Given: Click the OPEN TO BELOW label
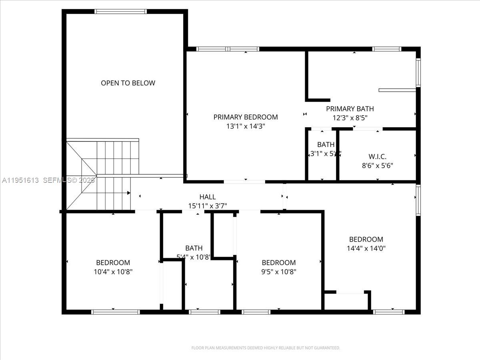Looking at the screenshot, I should (x=128, y=83).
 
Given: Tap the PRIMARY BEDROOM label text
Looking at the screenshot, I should (x=245, y=117).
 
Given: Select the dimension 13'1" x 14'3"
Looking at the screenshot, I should (x=245, y=126).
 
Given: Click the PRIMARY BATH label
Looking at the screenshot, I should (x=350, y=109).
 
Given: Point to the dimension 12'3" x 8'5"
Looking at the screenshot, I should (x=350, y=118).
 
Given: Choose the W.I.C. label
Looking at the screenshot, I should (x=378, y=156).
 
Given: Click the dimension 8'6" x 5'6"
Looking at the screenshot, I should (x=378, y=165).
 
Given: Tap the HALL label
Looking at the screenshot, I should (x=208, y=197).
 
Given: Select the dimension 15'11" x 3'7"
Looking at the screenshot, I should (x=208, y=206).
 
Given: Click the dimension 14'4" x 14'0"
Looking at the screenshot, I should (x=366, y=248).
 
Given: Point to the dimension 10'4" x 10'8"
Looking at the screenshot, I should (x=113, y=272).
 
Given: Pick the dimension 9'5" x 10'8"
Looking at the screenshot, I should (x=279, y=272).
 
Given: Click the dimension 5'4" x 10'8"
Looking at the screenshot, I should (x=194, y=257).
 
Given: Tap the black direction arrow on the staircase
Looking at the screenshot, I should (x=128, y=193).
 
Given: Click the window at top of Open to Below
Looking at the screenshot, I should (x=120, y=12).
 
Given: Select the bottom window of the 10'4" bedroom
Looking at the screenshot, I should (x=115, y=312).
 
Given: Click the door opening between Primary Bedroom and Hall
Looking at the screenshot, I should (x=244, y=182).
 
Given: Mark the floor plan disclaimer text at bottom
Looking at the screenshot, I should (x=266, y=348).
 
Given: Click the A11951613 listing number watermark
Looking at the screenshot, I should (x=20, y=180).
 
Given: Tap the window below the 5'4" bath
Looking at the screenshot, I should (x=204, y=312).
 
